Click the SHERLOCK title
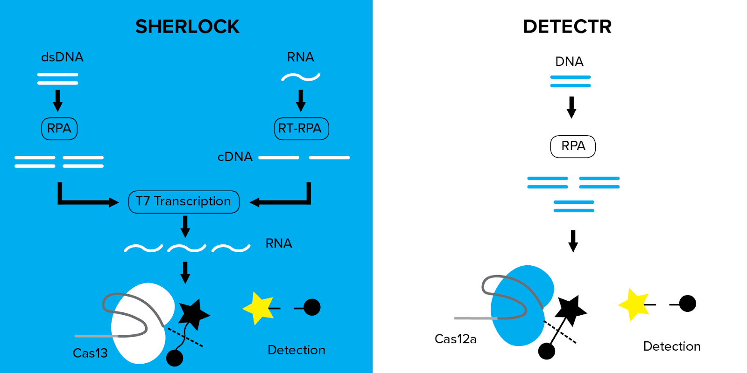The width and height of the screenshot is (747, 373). click(187, 27)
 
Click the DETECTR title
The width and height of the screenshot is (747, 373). click(567, 27)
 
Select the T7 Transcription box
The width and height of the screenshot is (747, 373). click(183, 201)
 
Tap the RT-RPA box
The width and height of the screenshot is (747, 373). click(301, 128)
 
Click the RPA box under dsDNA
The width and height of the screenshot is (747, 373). click(59, 128)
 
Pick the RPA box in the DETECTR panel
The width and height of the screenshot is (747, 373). click(573, 146)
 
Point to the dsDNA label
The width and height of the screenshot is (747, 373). click(62, 57)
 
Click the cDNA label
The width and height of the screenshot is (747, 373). click(235, 157)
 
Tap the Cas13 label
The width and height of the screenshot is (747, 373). click(90, 353)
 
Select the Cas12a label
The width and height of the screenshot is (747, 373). click(455, 339)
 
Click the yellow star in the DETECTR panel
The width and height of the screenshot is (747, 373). click(634, 304)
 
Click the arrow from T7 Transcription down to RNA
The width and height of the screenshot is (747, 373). click(185, 226)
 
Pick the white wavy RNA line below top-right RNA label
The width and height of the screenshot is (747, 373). click(301, 77)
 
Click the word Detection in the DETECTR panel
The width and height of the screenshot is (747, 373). click(671, 346)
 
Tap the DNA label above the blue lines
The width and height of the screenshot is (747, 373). click(569, 62)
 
